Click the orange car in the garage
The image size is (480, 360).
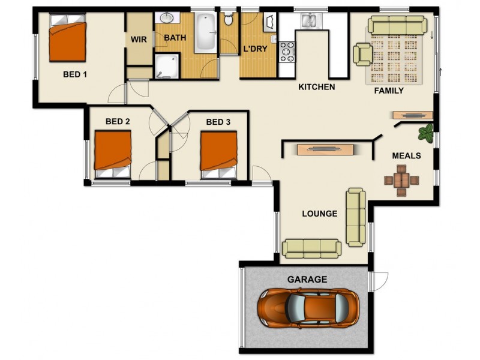coord(308,307)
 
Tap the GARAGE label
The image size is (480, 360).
coord(307,279)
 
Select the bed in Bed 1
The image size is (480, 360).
coord(67,38)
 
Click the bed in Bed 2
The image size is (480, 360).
coord(113,154)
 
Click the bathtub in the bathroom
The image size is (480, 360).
coord(205,32)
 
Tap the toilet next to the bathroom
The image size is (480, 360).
coord(229,19)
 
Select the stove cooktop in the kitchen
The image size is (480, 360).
coord(287,52)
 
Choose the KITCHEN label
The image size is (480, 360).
coord(316,87)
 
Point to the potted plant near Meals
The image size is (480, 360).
coord(427,133)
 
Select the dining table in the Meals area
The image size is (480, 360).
coord(401,179)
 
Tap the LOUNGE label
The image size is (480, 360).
coord(319,213)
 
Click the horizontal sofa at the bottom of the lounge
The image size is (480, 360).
coord(311,247)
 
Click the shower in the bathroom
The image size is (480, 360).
coord(167,66)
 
